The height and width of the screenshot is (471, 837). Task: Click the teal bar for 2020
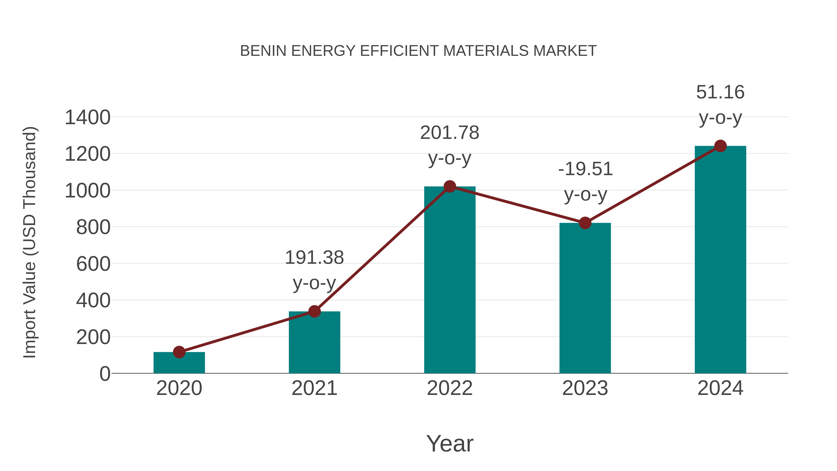point(179,363)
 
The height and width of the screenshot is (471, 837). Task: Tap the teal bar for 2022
point(450,280)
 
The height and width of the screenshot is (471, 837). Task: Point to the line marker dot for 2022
point(450,186)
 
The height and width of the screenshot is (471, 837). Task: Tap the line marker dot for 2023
point(585,223)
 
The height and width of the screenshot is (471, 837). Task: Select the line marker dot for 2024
point(720,146)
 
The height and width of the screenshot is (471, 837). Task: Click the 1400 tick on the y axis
point(87,117)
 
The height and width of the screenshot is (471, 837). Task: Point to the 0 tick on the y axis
point(105,374)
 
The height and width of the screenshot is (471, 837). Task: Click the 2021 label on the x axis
point(314,388)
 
